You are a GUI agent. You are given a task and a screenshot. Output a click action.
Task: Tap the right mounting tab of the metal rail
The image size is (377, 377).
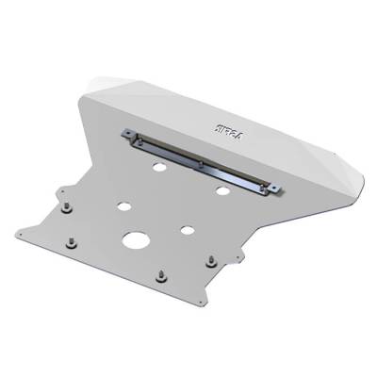pyautogui.click(x=274, y=191)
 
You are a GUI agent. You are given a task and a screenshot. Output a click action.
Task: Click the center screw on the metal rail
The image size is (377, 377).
pyautogui.click(x=201, y=164)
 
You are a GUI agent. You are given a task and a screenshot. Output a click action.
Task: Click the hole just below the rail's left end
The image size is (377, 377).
pyautogui.click(x=158, y=167)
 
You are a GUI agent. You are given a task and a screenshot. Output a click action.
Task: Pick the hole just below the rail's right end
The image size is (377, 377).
pyautogui.click(x=222, y=191)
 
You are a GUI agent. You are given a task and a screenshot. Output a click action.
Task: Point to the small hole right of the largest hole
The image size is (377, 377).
pyautogui.click(x=188, y=231)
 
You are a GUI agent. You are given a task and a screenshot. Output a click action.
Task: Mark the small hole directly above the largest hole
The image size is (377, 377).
pyautogui.click(x=124, y=204)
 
